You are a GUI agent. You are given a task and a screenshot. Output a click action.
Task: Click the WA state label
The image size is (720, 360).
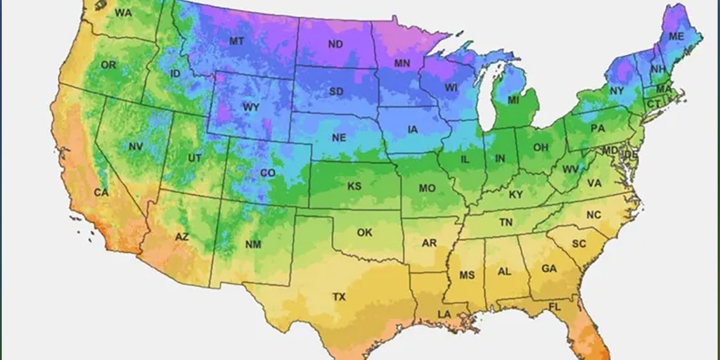coord(123,13)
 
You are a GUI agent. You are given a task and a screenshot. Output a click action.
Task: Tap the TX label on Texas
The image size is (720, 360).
coord(339,297)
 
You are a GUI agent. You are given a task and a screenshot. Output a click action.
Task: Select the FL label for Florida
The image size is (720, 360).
coord(555,307)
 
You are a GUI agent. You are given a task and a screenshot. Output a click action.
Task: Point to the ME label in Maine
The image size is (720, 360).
coord(676,36)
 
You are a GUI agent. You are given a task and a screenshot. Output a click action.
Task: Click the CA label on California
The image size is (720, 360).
coord(101,193)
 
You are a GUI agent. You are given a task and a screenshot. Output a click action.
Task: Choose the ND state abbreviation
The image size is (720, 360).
coord(336,44)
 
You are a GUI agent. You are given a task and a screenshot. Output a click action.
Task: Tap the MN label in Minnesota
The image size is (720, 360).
coord(402,63)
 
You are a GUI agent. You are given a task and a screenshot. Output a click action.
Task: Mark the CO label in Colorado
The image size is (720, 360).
coord(268,173)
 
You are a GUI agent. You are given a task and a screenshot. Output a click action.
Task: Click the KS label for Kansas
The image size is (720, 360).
coord(354,186)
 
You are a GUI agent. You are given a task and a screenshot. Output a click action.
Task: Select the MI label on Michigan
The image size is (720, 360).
coord(513,101)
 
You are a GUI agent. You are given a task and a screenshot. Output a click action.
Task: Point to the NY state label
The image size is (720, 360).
coord(617,91)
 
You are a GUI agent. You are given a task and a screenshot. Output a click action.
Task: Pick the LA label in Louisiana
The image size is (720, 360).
coord(445,314)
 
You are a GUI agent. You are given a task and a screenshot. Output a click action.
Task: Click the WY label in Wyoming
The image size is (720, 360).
coord(251,108)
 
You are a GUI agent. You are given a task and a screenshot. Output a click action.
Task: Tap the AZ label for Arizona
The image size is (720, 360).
coord(181,237)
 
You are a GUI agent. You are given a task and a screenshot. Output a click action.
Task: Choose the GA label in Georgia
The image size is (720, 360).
coord(549,269)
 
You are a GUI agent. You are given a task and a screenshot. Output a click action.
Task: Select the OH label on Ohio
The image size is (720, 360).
coord(540,148)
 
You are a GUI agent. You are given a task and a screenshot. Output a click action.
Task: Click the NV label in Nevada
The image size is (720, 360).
coord(136,146)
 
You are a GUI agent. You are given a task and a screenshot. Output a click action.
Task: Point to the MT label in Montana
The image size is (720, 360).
coord(237,41)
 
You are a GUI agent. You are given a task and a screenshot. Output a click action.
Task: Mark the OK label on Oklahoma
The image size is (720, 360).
coord(364,232)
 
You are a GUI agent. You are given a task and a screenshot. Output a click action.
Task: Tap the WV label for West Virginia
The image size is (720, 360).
coord(570,169)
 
